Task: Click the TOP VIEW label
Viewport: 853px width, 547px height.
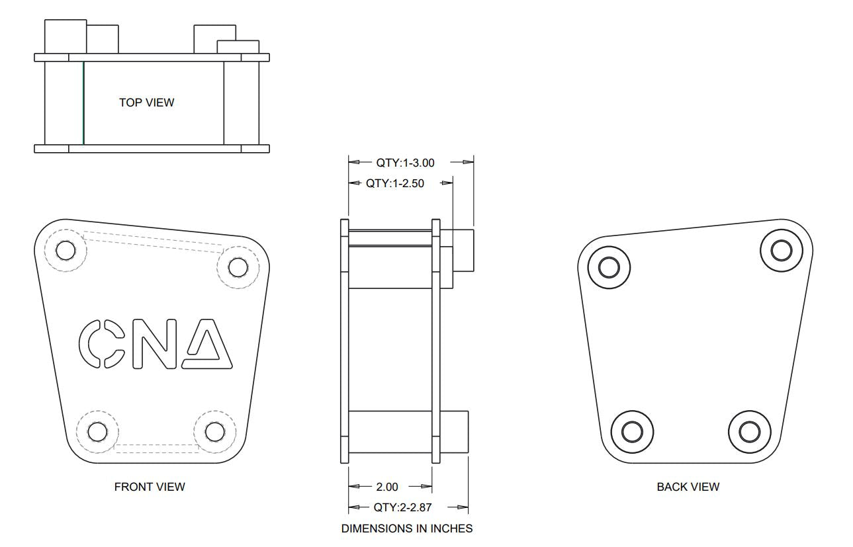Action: pyautogui.click(x=146, y=103)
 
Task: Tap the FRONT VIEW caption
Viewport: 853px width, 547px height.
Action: pyautogui.click(x=150, y=487)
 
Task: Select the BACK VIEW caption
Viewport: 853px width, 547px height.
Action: pyautogui.click(x=688, y=487)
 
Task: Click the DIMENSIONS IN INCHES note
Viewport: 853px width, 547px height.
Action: pyautogui.click(x=407, y=528)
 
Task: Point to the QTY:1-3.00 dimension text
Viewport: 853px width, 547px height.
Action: pyautogui.click(x=405, y=163)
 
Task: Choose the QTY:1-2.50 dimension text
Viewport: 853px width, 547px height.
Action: pyautogui.click(x=395, y=183)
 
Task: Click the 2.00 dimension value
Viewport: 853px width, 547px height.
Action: pyautogui.click(x=387, y=487)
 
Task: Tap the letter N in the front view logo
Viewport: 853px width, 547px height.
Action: pyautogui.click(x=155, y=344)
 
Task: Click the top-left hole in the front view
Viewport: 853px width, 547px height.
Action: pyautogui.click(x=66, y=251)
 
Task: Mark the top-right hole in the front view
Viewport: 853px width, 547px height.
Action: pyautogui.click(x=238, y=267)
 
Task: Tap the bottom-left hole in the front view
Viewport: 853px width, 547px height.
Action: pyautogui.click(x=97, y=432)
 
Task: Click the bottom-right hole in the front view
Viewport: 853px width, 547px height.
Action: pyautogui.click(x=214, y=432)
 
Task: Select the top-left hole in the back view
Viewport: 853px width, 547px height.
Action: pyautogui.click(x=608, y=267)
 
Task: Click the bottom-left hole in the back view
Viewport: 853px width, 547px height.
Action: pyautogui.click(x=631, y=432)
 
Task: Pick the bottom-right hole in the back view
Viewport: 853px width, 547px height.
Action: pyautogui.click(x=749, y=432)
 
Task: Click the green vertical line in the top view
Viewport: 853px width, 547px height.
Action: pyautogui.click(x=83, y=103)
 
